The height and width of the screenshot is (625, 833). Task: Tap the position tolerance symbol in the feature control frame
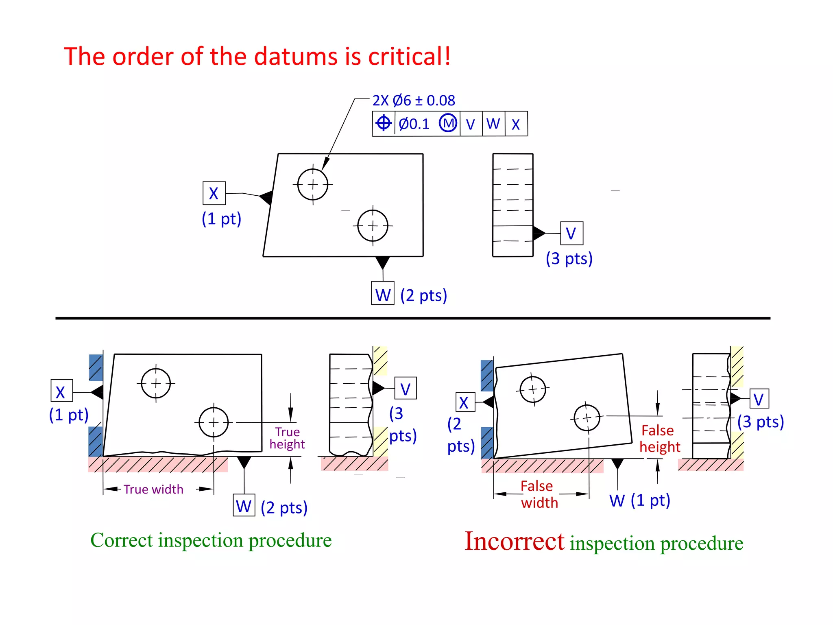click(383, 123)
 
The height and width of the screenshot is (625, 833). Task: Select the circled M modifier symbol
click(448, 123)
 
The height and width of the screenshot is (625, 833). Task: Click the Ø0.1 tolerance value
click(414, 124)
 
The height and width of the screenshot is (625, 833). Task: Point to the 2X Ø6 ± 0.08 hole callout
click(414, 101)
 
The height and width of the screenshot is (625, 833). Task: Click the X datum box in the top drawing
click(214, 193)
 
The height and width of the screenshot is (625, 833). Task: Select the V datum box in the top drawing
click(571, 234)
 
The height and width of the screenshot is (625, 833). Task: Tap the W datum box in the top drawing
click(383, 293)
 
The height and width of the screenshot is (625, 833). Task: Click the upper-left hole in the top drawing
click(312, 185)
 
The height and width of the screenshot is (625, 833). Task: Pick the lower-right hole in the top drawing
click(373, 225)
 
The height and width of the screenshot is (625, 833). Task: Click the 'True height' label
click(287, 438)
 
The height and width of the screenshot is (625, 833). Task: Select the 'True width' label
click(153, 489)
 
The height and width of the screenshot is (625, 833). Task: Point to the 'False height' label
click(659, 439)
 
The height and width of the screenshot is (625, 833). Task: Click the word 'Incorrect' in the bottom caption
click(514, 542)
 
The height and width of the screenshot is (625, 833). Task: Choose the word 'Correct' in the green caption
click(122, 540)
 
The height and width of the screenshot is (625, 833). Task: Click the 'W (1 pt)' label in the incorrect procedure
click(639, 500)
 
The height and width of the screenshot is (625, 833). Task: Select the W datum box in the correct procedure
click(244, 506)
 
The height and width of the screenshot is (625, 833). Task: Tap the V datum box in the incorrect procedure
click(759, 399)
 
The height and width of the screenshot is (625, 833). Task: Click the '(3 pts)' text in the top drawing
click(569, 259)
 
